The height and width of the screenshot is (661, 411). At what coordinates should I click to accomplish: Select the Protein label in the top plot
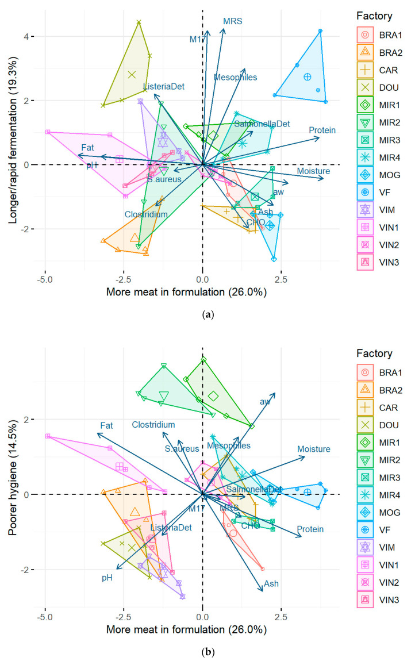click(x=322, y=130)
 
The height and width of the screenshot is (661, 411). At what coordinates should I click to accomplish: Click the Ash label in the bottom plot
click(x=271, y=583)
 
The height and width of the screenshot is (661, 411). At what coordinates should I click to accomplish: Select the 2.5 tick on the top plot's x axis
click(x=281, y=279)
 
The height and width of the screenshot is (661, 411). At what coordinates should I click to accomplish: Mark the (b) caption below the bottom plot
click(x=205, y=650)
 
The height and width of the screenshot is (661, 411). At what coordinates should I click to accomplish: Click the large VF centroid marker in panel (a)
click(x=308, y=76)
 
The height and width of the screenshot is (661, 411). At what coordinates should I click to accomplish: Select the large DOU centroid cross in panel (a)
click(x=132, y=75)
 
